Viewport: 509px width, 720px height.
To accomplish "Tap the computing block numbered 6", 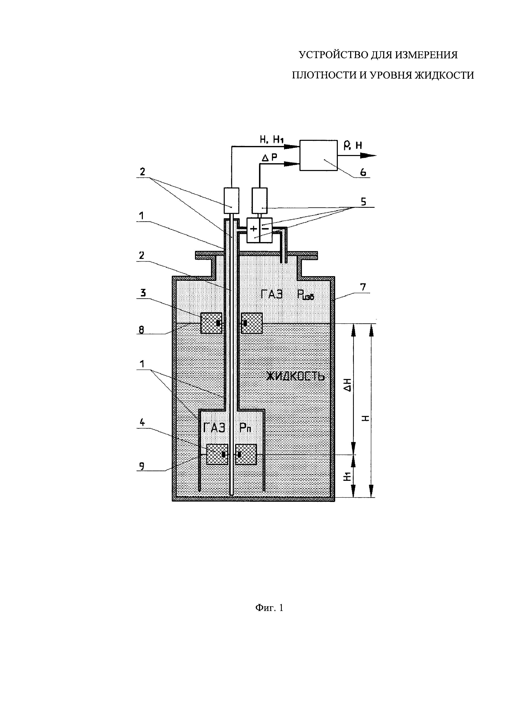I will pyautogui.click(x=319, y=156).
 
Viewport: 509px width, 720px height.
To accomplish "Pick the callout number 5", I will pyautogui.click(x=363, y=202).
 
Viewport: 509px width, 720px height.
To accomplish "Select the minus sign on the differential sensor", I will pyautogui.click(x=265, y=229).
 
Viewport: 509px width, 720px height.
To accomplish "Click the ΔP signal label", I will pyautogui.click(x=269, y=158).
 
